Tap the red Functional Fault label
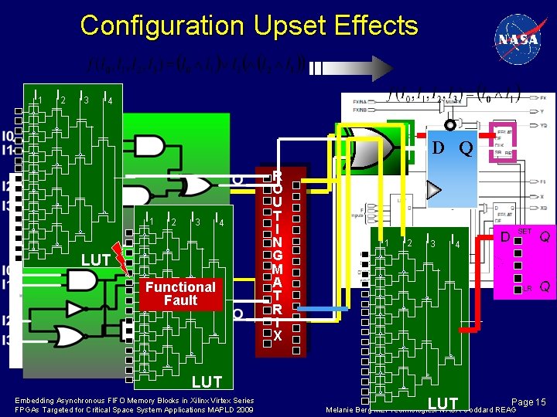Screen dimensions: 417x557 [x=180, y=293]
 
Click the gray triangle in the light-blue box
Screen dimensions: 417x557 [x=435, y=190]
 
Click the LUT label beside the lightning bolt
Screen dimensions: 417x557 [x=95, y=260]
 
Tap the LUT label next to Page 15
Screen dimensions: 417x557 [x=443, y=403]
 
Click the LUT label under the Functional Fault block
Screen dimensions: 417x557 [x=207, y=381]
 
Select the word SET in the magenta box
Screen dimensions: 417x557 [x=525, y=232]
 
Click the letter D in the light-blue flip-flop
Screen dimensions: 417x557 [x=438, y=147]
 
